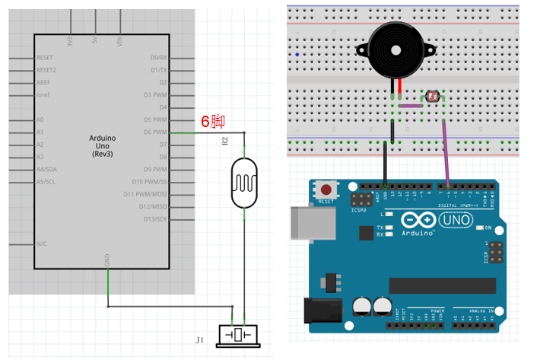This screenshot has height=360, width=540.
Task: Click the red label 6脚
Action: pyautogui.click(x=212, y=121)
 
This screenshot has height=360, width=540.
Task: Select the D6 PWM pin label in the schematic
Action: pyautogui.click(x=155, y=132)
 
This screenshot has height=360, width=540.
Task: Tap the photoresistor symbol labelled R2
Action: pyautogui.click(x=244, y=183)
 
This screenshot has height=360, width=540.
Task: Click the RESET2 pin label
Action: pyautogui.click(x=46, y=70)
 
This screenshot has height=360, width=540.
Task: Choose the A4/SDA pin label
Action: pyautogui.click(x=46, y=169)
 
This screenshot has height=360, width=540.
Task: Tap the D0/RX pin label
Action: pyautogui.click(x=158, y=58)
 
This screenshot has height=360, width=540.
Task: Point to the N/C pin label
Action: pyautogui.click(x=43, y=244)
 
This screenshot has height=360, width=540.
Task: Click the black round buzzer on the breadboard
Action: pyautogui.click(x=395, y=48)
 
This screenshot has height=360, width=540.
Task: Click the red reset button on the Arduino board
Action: pyautogui.click(x=327, y=190)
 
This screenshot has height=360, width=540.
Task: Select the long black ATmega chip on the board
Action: pyautogui.click(x=442, y=285)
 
